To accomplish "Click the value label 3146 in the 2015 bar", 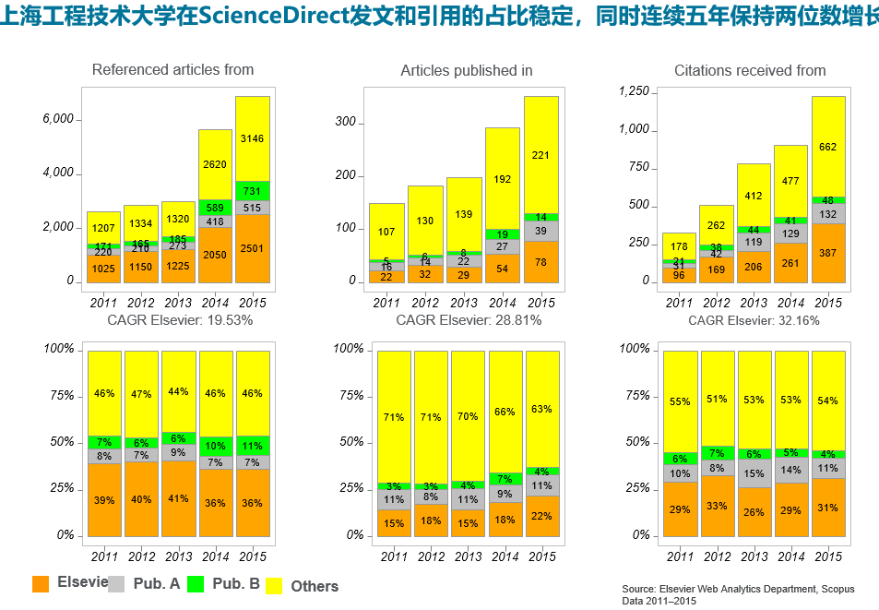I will tap(252, 138).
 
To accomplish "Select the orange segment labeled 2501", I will tap(252, 248).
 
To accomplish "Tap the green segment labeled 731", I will tap(252, 190).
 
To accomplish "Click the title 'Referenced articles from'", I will tap(172, 70).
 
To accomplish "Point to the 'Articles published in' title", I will tap(466, 71).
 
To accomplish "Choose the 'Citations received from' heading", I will tap(750, 71).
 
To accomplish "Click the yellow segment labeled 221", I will tap(541, 155).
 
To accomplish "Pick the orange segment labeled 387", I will tap(827, 253).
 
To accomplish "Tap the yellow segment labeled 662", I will tap(827, 147).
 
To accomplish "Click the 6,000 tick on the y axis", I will tap(57, 120).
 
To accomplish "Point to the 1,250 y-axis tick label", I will tap(635, 91).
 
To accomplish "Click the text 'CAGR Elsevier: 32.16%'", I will tap(754, 320).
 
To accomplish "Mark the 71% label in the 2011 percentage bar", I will tap(394, 417).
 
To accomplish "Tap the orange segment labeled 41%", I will tap(178, 498).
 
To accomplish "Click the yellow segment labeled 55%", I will tap(680, 401).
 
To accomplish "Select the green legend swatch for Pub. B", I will tap(196, 584).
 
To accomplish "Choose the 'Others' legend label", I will tap(315, 586).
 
